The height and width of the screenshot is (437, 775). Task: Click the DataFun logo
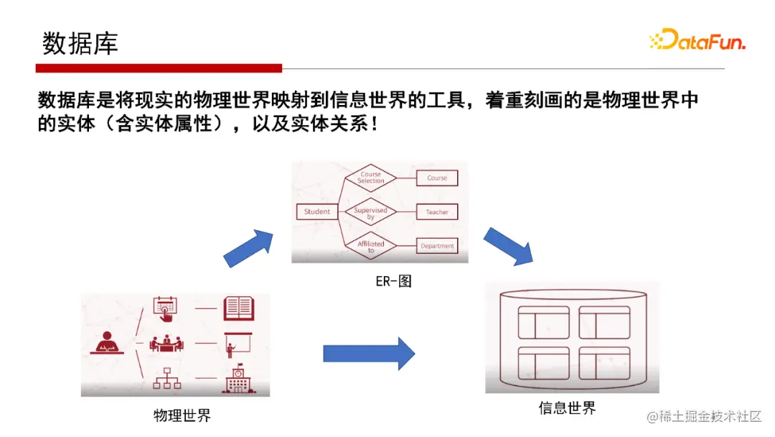(x=697, y=40)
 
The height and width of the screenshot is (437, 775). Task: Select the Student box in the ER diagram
(x=316, y=211)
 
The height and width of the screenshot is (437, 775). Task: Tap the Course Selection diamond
(x=370, y=178)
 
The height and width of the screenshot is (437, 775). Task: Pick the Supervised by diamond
(x=370, y=213)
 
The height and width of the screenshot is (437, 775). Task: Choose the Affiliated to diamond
(x=370, y=247)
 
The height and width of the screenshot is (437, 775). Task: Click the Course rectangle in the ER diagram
(x=436, y=178)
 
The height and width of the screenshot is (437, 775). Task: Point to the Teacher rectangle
(x=436, y=212)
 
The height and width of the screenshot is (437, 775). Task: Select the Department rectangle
(x=436, y=246)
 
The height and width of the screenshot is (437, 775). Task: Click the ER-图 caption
(x=393, y=281)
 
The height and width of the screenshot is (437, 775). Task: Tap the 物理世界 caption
(x=182, y=415)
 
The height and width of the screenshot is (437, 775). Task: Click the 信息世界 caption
(x=567, y=408)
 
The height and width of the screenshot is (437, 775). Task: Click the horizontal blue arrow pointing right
(x=369, y=353)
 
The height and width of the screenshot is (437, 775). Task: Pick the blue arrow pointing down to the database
(x=508, y=246)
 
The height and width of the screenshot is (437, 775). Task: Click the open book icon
(x=239, y=308)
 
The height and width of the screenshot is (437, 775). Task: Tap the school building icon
(x=239, y=379)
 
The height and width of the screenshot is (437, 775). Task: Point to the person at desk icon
(x=109, y=342)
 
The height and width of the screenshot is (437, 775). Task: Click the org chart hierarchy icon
(x=166, y=379)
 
